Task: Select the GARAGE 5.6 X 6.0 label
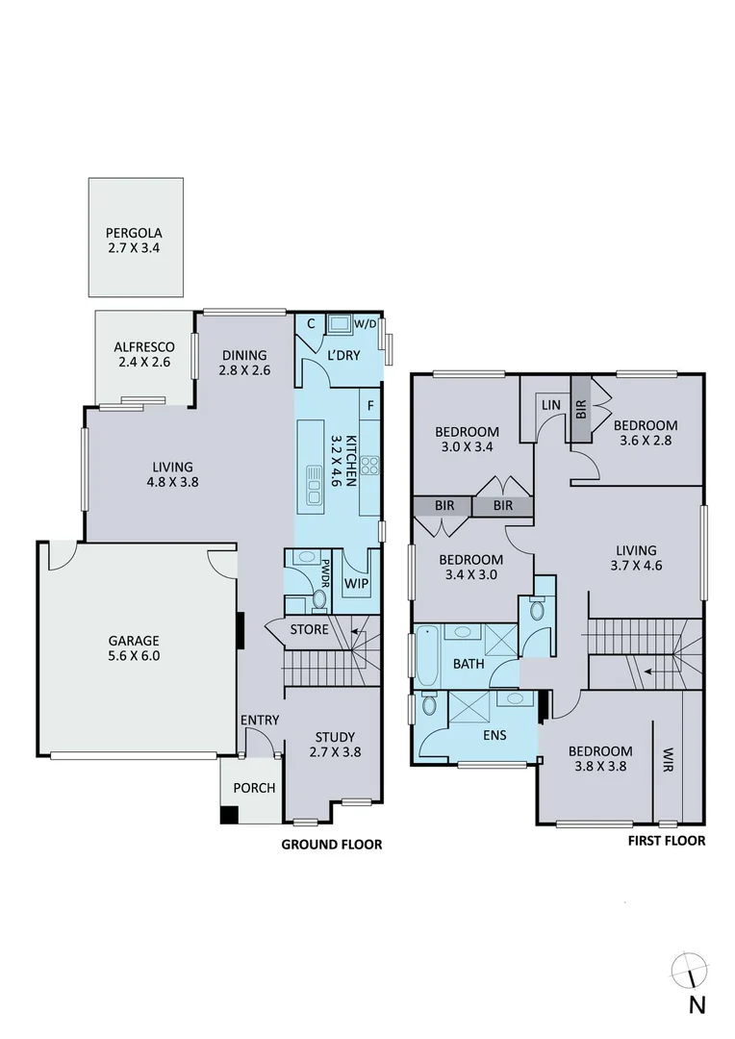click(134, 648)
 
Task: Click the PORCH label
click(254, 788)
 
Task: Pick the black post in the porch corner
click(229, 814)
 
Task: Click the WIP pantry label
click(357, 583)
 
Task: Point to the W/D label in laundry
click(365, 324)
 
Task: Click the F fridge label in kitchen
click(370, 406)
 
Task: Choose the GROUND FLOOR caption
click(331, 845)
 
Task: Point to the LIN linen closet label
click(550, 406)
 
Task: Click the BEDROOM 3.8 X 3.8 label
click(599, 759)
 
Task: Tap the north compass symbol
click(693, 972)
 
